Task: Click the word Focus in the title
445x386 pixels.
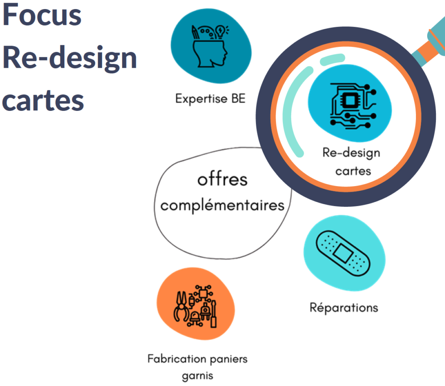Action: (42, 15)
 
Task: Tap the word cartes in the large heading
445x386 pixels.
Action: (43, 100)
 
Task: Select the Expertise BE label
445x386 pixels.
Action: (210, 99)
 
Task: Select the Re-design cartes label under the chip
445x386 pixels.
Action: (351, 161)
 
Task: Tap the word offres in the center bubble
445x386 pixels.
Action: (222, 179)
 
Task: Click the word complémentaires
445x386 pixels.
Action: (222, 205)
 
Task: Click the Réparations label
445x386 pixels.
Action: (344, 308)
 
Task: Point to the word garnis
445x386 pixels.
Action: (198, 375)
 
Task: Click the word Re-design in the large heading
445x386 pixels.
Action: (70, 57)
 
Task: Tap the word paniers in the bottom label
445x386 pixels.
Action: (228, 359)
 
